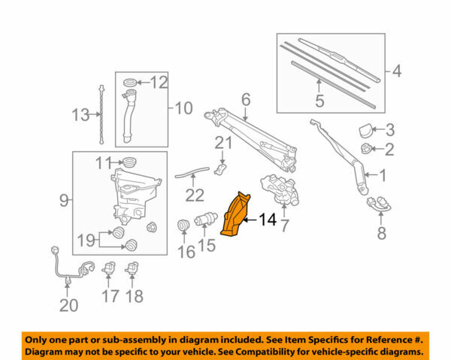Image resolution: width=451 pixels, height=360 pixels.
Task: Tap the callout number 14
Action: (267, 220)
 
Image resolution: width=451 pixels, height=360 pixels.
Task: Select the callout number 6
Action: (245, 98)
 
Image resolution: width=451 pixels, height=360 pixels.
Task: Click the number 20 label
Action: (68, 306)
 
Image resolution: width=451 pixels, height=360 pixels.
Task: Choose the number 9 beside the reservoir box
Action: (64, 200)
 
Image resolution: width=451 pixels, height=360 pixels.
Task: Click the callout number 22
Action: (195, 195)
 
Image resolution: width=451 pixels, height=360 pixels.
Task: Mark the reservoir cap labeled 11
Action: (129, 161)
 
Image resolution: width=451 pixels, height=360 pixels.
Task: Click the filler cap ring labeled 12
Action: (129, 81)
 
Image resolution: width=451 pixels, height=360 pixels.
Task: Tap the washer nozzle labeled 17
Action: (110, 267)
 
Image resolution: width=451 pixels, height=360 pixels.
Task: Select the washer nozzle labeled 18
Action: (135, 267)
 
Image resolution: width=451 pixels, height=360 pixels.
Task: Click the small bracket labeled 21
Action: (222, 164)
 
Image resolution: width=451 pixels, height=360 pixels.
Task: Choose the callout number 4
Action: (398, 73)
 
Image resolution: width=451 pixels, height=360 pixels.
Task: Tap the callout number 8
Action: (381, 234)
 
